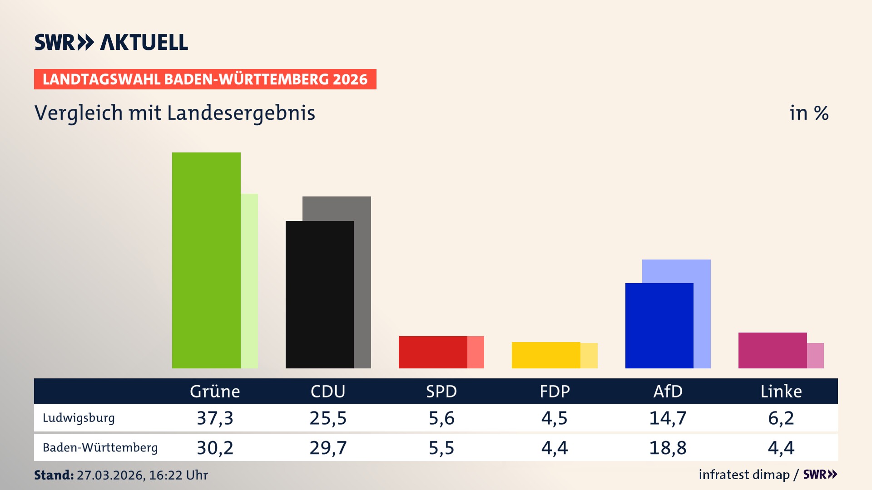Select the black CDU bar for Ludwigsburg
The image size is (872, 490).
click(x=319, y=294)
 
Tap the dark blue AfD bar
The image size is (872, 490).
click(x=659, y=325)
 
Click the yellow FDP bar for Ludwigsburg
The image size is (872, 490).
click(x=546, y=355)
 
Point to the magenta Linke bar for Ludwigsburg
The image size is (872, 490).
click(x=772, y=350)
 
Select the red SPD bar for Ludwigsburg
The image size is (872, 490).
click(x=432, y=352)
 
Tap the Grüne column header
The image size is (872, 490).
click(x=215, y=391)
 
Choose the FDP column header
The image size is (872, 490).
click(x=555, y=391)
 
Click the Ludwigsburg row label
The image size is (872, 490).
click(x=79, y=418)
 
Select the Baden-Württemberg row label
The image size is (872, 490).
click(x=100, y=448)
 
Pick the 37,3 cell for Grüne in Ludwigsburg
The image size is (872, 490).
click(x=215, y=418)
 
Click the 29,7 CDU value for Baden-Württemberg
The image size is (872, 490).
click(x=328, y=448)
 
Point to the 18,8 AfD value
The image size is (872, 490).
click(x=668, y=448)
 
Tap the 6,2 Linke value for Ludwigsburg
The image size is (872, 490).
click(x=781, y=418)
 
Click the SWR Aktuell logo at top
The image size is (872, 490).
click(x=111, y=42)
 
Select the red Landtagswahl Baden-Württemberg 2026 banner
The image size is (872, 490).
click(x=205, y=79)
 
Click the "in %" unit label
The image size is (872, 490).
click(x=809, y=113)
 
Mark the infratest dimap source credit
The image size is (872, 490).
click(x=744, y=475)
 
